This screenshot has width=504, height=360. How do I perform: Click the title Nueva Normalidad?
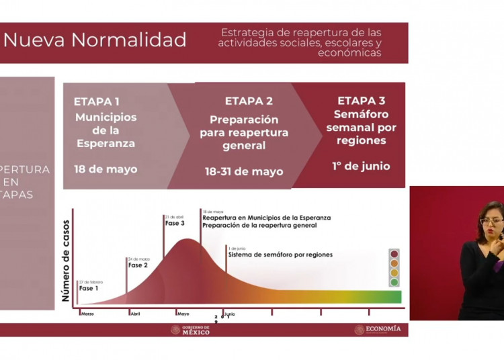coord(95,40)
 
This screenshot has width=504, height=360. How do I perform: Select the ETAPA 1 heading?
coord(97,101)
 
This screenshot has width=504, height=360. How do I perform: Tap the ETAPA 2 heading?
coord(249,101)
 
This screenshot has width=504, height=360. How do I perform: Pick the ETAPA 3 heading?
coord(361,101)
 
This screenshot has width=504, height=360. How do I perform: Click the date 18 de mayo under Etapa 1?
coord(106,169)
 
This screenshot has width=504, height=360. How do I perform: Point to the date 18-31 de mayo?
coord(244,171)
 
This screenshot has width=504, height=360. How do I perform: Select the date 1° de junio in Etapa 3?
coord(361,166)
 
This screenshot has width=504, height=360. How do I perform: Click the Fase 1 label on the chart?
coord(89,288)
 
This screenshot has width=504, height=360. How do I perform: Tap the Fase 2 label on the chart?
coord(138,265)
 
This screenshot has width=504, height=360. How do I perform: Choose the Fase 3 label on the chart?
coord(175,223)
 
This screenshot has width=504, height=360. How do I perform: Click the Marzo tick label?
coord(88,313)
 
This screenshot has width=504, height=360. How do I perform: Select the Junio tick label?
coord(229,313)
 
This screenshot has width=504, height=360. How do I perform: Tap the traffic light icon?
coord(394,268)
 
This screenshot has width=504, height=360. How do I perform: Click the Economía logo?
coord(378,329)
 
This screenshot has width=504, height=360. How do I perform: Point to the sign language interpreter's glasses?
coord(491,221)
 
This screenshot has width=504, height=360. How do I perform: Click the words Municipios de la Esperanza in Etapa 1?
coord(106,130)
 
